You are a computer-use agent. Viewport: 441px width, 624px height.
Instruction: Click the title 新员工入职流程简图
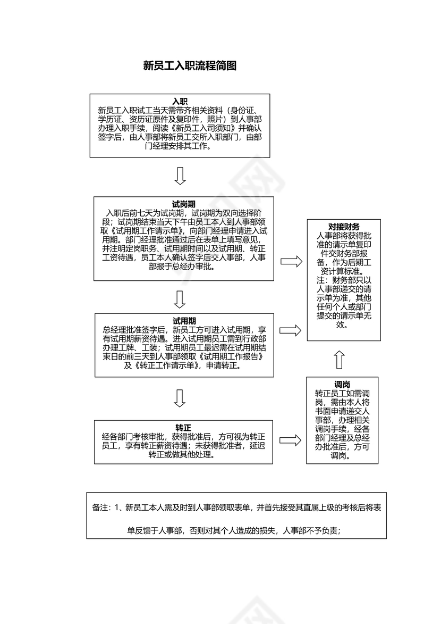(x=190, y=66)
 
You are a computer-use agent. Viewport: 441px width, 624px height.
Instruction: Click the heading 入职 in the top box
(x=180, y=102)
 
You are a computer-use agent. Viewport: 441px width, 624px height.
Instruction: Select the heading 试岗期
(x=184, y=204)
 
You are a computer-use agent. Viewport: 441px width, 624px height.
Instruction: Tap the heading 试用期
(x=184, y=321)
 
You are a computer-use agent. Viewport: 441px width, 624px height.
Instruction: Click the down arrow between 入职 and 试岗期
(x=180, y=176)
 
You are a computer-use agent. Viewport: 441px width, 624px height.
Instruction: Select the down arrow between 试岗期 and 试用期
(x=180, y=299)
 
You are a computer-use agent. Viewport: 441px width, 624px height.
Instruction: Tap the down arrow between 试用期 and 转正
(x=180, y=398)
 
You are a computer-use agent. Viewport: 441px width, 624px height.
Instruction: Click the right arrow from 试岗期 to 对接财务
(x=291, y=261)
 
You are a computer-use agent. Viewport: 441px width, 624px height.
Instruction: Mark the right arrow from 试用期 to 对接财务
(x=291, y=330)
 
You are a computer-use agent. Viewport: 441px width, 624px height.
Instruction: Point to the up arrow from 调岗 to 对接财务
(x=340, y=360)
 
